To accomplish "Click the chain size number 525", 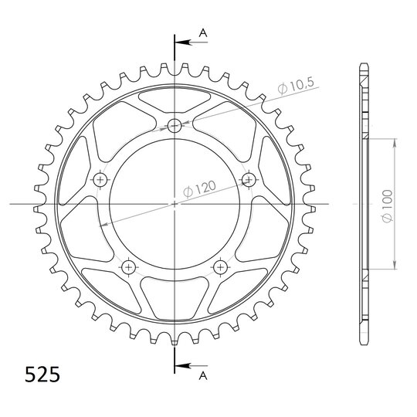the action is pos(42,375).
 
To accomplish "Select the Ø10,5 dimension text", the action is pos(296,85).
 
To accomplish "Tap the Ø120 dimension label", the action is pos(199,189).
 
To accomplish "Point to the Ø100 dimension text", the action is pos(387,206).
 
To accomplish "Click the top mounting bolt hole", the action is pos(175,125).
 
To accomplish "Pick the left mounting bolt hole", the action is pos(100,180).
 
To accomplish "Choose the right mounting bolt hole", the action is pos(249,180).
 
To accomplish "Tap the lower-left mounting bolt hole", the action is pos(128,266).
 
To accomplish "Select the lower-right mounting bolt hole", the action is pos(220,266).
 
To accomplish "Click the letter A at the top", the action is pos(203,33).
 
